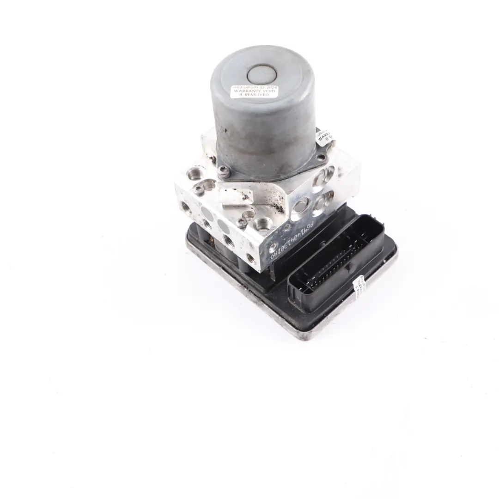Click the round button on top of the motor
pyautogui.click(x=262, y=74)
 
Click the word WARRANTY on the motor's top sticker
pyautogui.click(x=251, y=91)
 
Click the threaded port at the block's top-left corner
pyautogui.click(x=193, y=174)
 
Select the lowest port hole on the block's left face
pyautogui.click(x=250, y=258)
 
